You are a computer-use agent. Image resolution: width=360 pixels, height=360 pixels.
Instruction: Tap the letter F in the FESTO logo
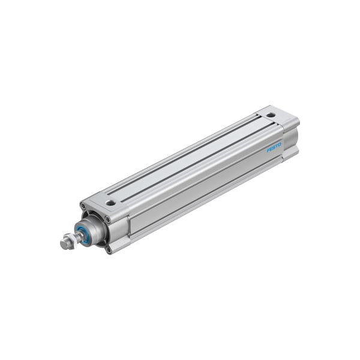(268, 150)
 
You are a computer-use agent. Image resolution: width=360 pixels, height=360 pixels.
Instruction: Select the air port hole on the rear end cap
(271, 115)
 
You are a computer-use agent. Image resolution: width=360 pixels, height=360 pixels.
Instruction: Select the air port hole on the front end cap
(110, 203)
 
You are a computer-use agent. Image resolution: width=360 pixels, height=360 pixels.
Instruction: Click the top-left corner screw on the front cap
(83, 207)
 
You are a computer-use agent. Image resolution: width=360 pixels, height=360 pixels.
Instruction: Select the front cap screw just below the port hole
(108, 219)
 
